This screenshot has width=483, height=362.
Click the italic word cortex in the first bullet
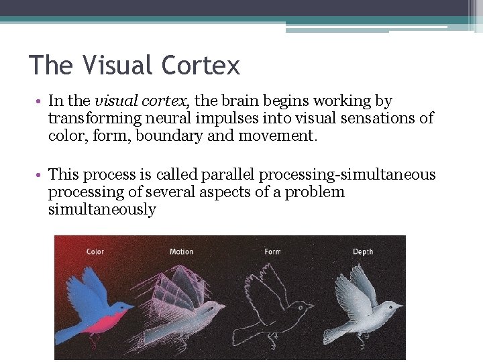click(169, 101)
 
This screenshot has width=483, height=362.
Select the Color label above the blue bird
click(95, 252)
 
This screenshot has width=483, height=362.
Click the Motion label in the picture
click(181, 252)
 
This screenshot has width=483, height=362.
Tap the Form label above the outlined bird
click(272, 252)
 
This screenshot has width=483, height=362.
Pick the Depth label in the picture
click(363, 252)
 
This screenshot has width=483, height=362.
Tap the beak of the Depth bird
click(400, 306)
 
